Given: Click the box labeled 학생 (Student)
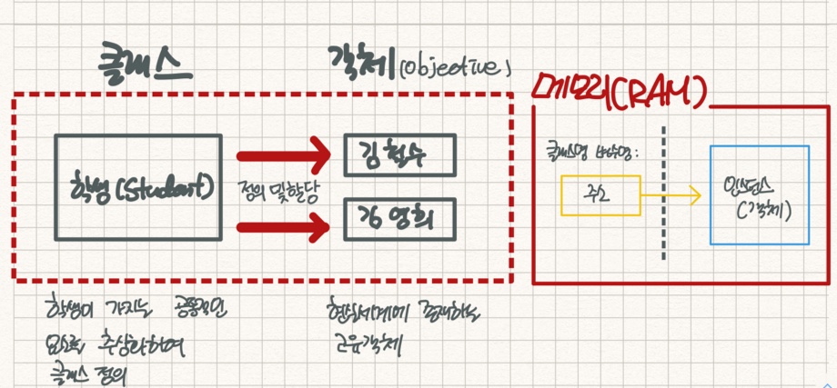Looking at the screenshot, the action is pos(137,188).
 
